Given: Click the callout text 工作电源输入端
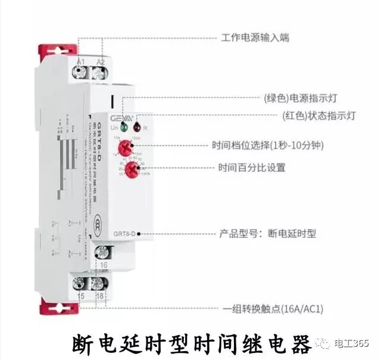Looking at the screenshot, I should click(255, 37).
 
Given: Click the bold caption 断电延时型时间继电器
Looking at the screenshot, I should click(191, 343).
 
